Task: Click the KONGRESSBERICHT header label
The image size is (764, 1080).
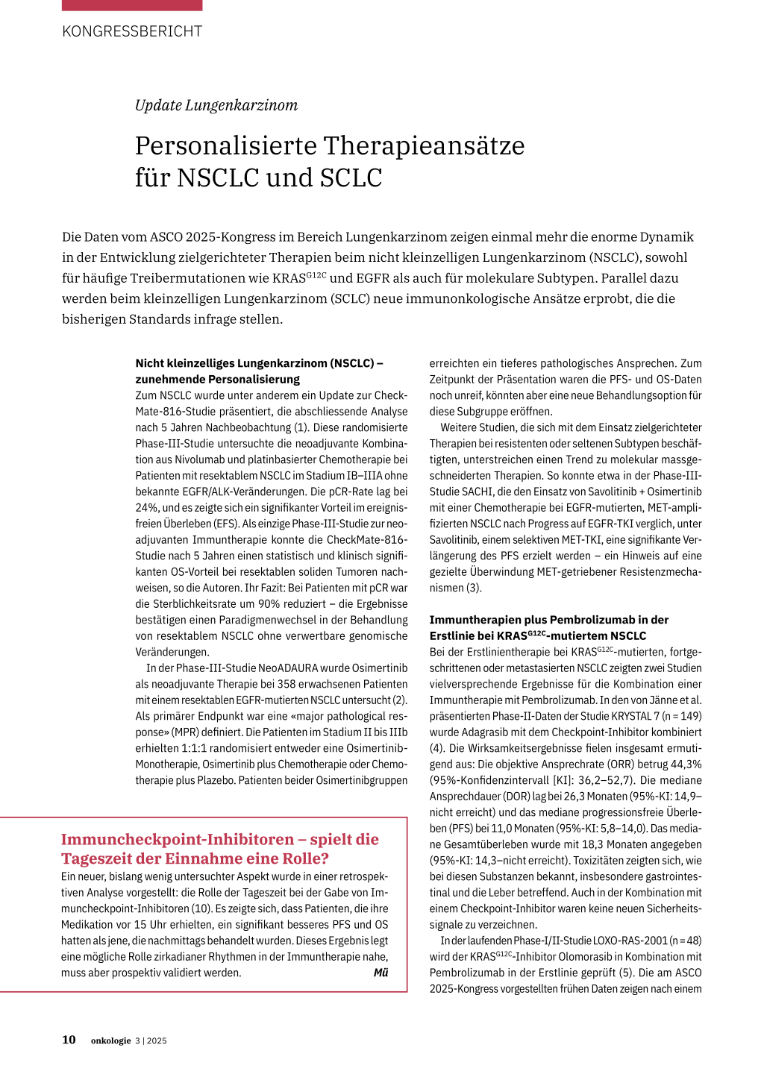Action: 132,31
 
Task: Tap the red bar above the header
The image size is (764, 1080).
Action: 132,5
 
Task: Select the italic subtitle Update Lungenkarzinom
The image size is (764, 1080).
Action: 216,105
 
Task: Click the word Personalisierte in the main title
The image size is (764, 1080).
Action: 224,145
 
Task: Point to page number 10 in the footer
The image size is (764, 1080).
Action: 69,1040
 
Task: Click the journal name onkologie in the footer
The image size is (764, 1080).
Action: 111,1040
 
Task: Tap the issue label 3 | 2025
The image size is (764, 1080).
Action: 151,1040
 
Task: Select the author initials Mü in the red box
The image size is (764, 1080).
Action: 381,973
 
